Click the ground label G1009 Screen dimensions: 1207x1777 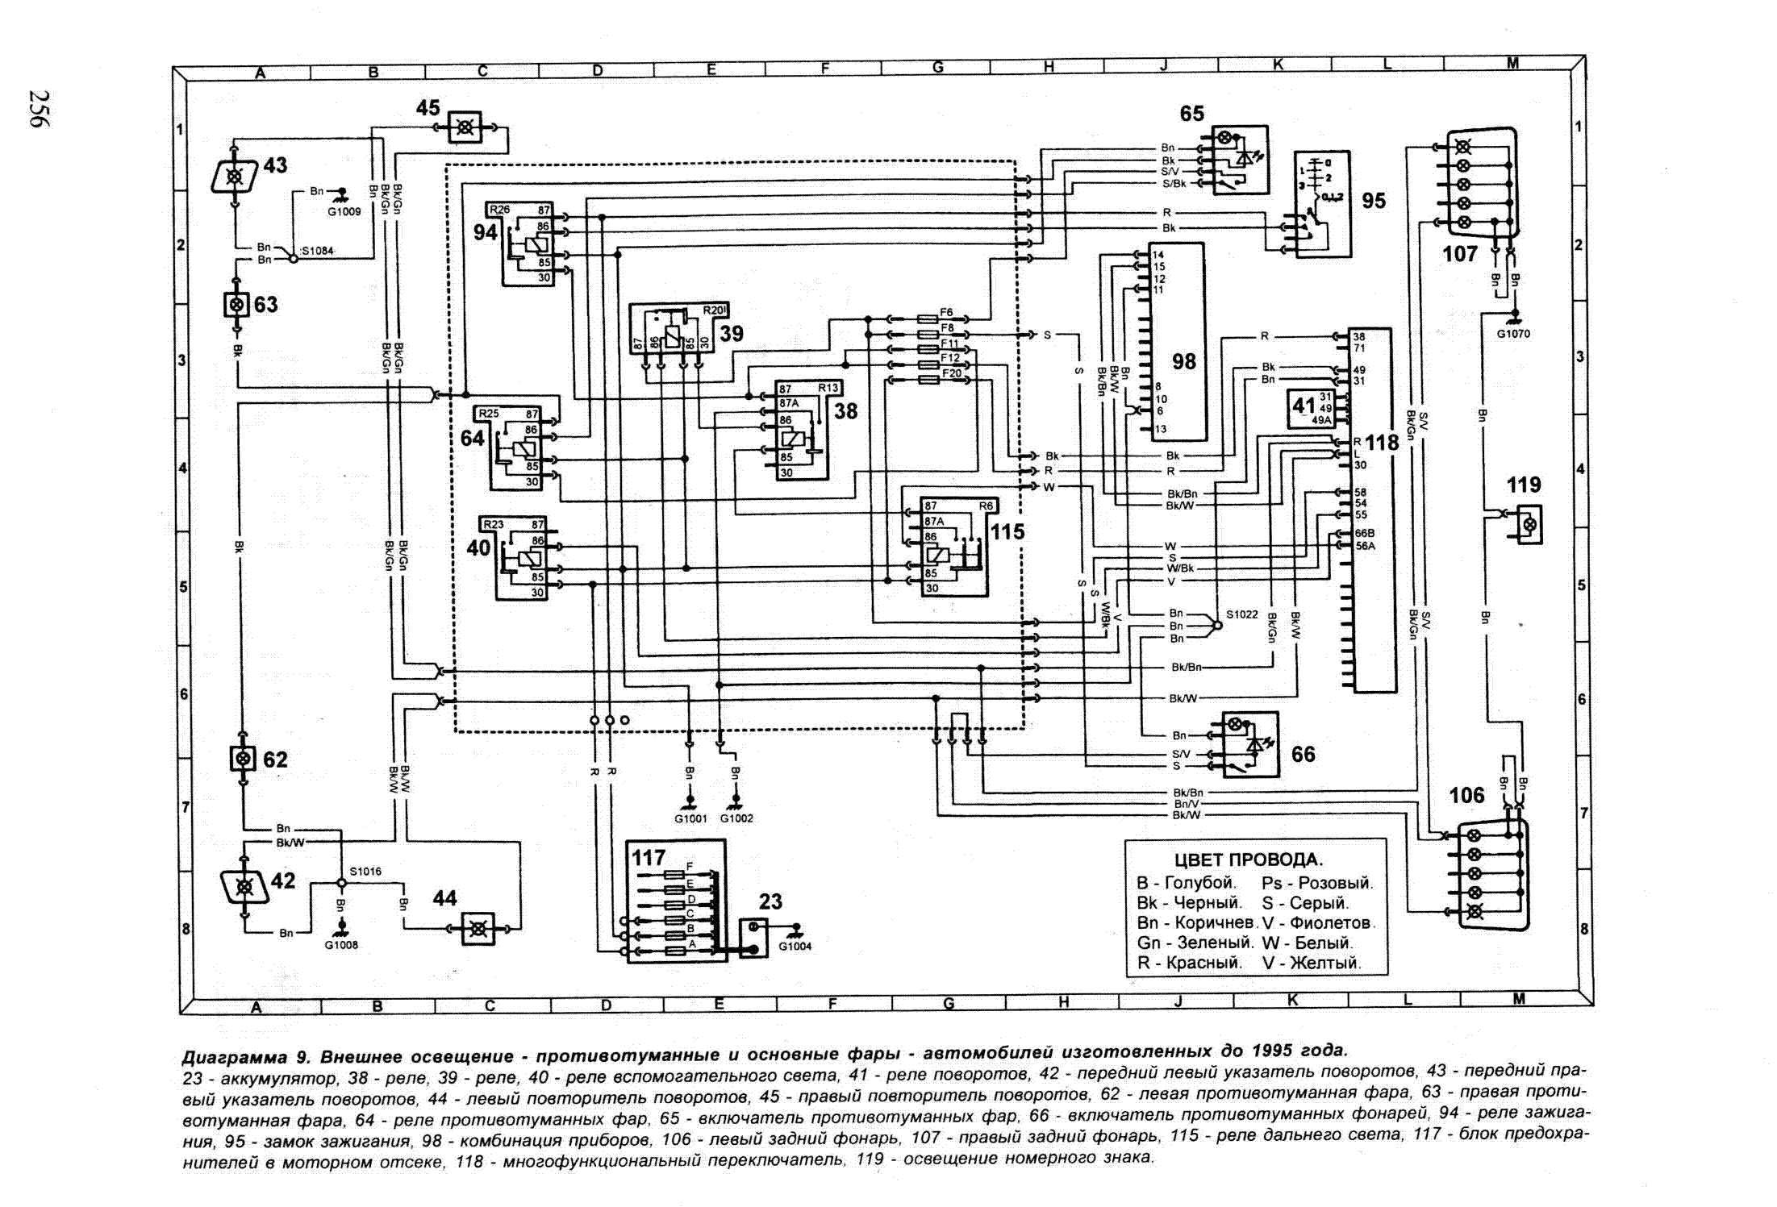[344, 212]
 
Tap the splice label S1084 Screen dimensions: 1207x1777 [318, 251]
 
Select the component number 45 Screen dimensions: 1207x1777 [428, 108]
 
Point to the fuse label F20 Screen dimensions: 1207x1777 [951, 373]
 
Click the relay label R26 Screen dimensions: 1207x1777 [500, 210]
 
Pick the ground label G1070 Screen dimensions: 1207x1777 [1513, 334]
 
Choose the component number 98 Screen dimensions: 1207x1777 [1183, 361]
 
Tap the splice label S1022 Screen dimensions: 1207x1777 [1241, 614]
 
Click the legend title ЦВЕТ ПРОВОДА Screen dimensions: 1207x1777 [1248, 860]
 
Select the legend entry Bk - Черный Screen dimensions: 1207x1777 [1189, 903]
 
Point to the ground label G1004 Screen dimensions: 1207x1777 [795, 947]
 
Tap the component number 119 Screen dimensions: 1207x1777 [1524, 485]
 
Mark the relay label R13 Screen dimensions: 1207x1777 [828, 389]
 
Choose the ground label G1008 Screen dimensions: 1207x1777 [341, 945]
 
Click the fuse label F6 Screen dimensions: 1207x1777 [946, 313]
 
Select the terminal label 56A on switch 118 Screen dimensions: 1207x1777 [1365, 546]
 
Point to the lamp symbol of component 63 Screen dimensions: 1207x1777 [236, 305]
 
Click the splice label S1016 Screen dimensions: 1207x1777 [365, 872]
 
